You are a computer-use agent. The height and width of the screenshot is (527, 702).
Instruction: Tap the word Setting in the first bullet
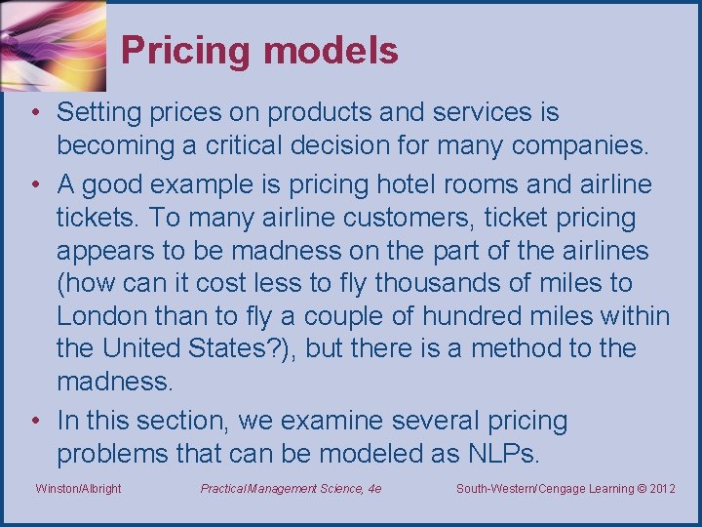pyautogui.click(x=97, y=113)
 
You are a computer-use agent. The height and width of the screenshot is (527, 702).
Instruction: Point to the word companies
pyautogui.click(x=588, y=146)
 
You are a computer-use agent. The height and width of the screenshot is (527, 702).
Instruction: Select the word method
pyautogui.click(x=491, y=349)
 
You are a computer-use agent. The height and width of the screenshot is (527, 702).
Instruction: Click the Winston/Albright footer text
pyautogui.click(x=78, y=488)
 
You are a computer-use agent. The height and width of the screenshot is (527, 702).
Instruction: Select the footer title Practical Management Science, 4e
pyautogui.click(x=291, y=488)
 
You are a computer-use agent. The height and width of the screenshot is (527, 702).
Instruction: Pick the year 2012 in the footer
pyautogui.click(x=660, y=488)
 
